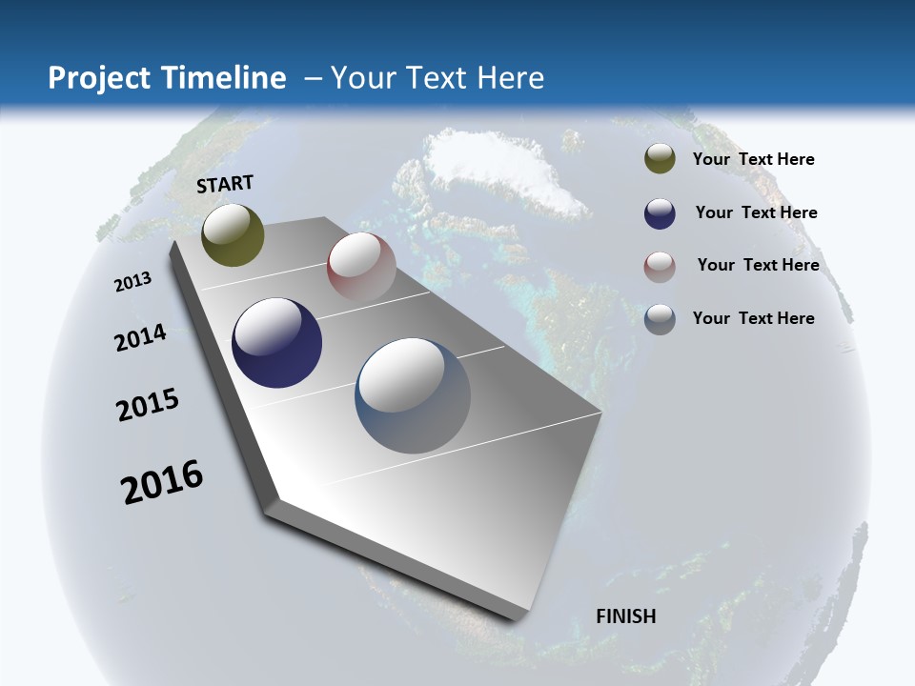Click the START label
click(x=225, y=183)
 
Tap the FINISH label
click(x=625, y=616)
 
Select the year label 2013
click(x=132, y=282)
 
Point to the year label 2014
click(x=140, y=338)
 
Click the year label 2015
click(x=148, y=405)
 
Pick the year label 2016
click(x=162, y=482)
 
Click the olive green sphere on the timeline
click(x=233, y=234)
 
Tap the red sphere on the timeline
click(x=361, y=267)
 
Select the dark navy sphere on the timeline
click(x=276, y=343)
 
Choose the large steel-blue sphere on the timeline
click(x=412, y=395)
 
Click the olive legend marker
click(x=660, y=159)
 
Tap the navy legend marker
click(x=660, y=213)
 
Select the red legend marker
click(x=660, y=266)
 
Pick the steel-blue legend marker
click(x=660, y=319)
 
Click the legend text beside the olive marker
click(x=753, y=159)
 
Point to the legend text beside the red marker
click(x=758, y=265)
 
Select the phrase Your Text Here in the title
click(x=437, y=78)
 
